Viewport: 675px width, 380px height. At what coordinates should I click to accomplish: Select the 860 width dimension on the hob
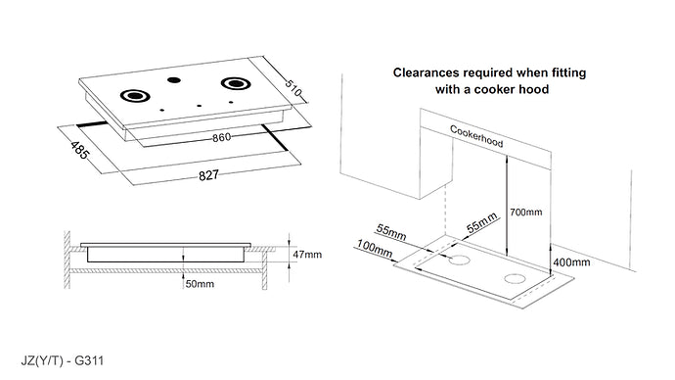(x=222, y=138)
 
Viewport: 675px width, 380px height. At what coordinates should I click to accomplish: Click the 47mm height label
(x=307, y=254)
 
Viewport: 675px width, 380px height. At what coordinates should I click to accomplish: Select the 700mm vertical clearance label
(x=526, y=213)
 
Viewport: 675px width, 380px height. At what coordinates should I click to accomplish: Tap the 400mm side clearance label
(x=571, y=262)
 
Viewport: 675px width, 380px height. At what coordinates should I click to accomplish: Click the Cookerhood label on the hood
(x=476, y=136)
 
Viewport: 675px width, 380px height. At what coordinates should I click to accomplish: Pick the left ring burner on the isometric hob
(x=133, y=96)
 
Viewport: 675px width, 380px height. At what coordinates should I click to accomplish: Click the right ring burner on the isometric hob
(x=236, y=84)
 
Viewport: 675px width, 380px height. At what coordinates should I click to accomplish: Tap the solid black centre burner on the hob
(x=174, y=82)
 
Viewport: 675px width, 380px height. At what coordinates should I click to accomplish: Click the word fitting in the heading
(x=565, y=72)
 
